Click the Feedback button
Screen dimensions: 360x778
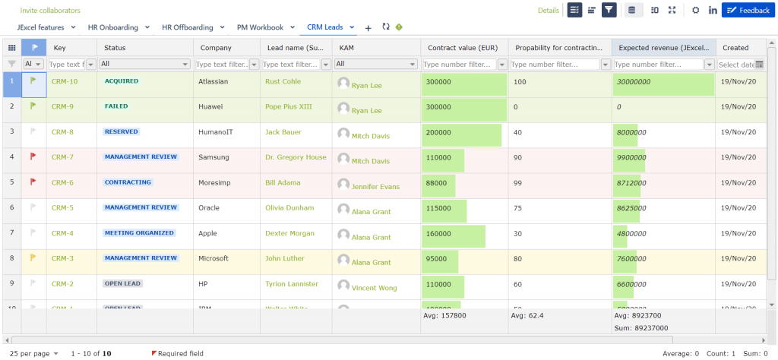coord(748,10)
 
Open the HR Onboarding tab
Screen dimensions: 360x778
coord(113,27)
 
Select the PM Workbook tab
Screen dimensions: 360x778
coord(260,27)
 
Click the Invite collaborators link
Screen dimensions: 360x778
coord(50,11)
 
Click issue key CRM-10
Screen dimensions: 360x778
coord(65,81)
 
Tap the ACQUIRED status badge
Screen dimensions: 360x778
coord(122,81)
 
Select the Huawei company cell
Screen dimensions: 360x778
coord(210,107)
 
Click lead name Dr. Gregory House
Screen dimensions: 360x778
coord(296,157)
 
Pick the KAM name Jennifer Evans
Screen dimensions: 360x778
coord(375,187)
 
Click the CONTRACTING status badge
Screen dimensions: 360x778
coord(128,182)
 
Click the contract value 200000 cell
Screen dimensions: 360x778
coord(463,132)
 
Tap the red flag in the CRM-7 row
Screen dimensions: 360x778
coord(33,156)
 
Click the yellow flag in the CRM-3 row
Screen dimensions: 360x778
coord(33,257)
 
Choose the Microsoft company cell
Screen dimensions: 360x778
coord(213,258)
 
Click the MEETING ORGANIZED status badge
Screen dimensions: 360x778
coord(139,233)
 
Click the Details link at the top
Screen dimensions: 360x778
coord(548,11)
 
